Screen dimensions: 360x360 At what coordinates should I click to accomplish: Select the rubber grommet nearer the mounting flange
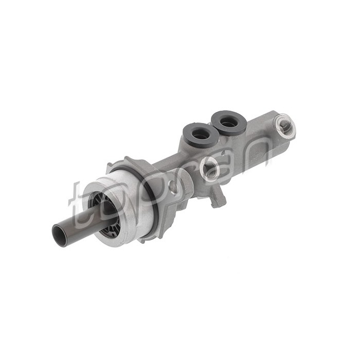(x=200, y=135)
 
